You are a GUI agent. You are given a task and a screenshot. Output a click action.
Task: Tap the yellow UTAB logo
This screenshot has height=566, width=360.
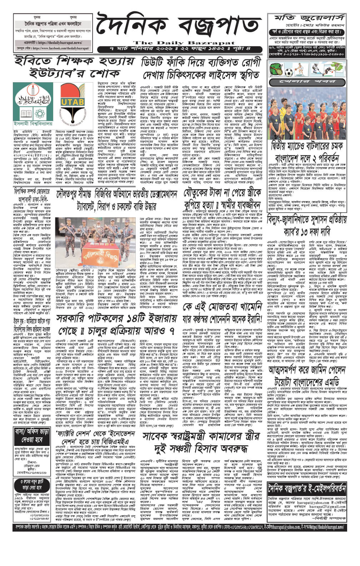point(71,102)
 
